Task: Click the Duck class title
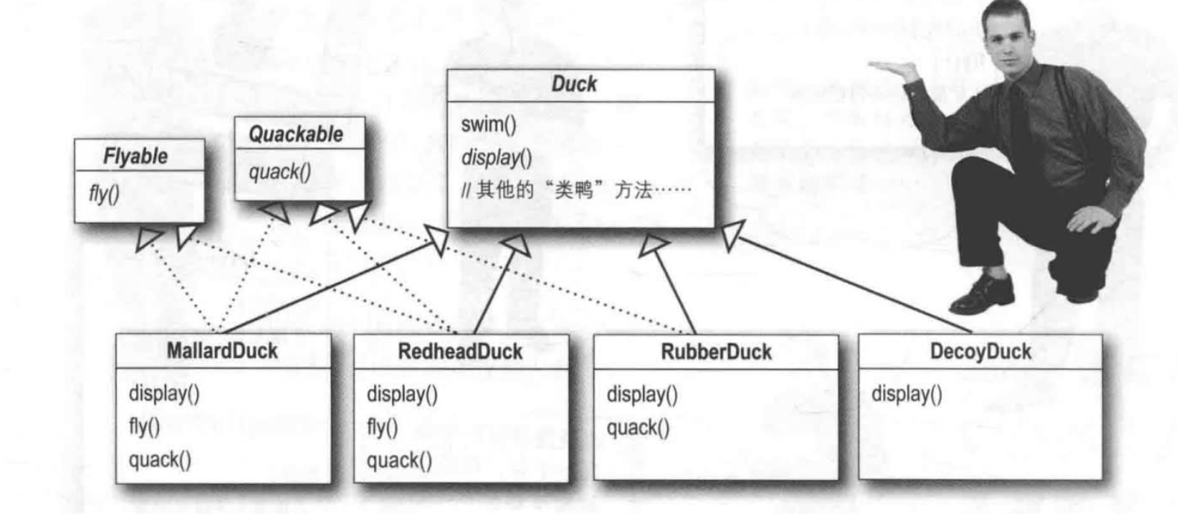[573, 84]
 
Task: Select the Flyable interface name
[135, 157]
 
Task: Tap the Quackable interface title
[296, 135]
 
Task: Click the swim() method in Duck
[488, 125]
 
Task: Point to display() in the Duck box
[496, 157]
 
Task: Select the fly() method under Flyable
[104, 194]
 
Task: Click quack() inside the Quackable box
[280, 172]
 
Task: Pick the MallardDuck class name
[222, 351]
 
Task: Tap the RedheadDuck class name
[460, 351]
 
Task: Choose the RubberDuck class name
[716, 351]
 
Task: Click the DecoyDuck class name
[980, 351]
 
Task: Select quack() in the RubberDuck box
[638, 427]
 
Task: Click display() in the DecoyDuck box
[906, 394]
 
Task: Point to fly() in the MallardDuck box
[144, 427]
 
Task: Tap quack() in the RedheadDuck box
[399, 460]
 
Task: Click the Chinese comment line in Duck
[576, 191]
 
